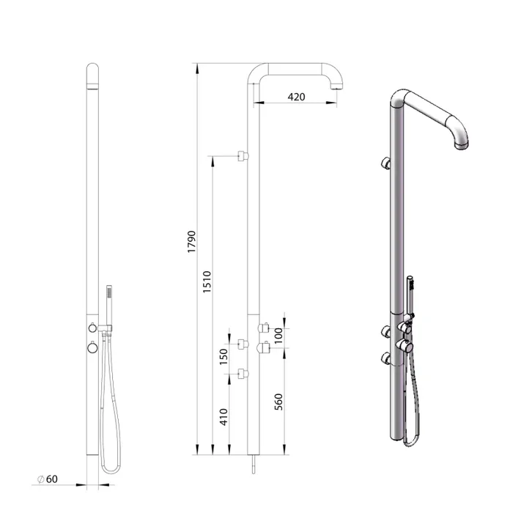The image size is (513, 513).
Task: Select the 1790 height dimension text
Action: [x=192, y=242]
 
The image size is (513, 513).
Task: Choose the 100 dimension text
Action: [x=278, y=336]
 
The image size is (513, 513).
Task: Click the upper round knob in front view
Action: [x=93, y=327]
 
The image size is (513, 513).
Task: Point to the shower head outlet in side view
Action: [x=336, y=87]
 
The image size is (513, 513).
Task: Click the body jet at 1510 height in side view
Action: [x=243, y=155]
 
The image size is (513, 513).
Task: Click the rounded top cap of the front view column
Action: [x=93, y=75]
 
